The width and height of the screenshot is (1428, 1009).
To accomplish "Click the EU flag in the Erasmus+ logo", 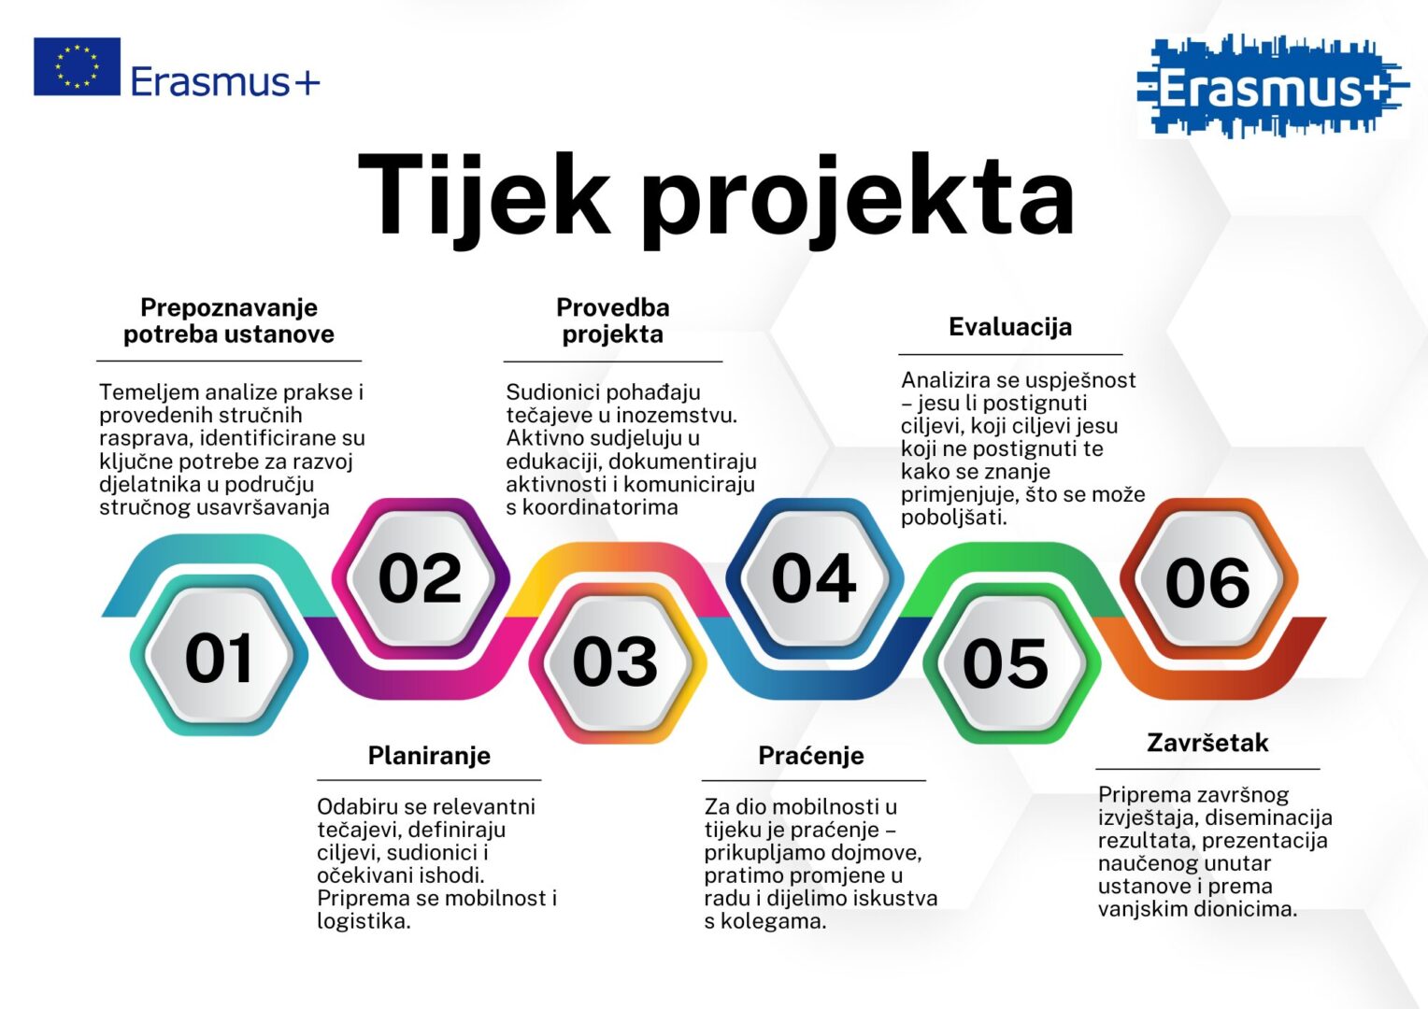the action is click(78, 66).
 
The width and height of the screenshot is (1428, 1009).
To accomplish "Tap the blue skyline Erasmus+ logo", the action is click(1273, 87).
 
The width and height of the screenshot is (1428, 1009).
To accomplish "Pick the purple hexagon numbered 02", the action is click(421, 578).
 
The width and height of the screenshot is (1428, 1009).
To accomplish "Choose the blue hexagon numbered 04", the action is click(814, 578).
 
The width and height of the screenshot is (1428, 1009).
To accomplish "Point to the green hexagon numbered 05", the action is click(1011, 663).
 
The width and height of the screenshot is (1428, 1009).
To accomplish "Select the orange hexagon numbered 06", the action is click(1208, 578).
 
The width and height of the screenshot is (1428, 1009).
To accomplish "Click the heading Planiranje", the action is click(429, 756).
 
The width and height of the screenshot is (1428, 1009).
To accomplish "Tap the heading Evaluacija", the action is click(1010, 327).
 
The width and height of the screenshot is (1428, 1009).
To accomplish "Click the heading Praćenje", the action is click(811, 755).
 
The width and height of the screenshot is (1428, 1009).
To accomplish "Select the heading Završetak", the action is click(1207, 743).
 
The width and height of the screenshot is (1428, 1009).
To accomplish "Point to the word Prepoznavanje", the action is click(229, 308).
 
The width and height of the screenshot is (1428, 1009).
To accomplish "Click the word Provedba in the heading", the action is click(613, 307).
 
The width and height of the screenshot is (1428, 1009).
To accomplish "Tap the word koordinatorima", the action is click(600, 507).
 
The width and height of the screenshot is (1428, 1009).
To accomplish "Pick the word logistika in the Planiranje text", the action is click(364, 922).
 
